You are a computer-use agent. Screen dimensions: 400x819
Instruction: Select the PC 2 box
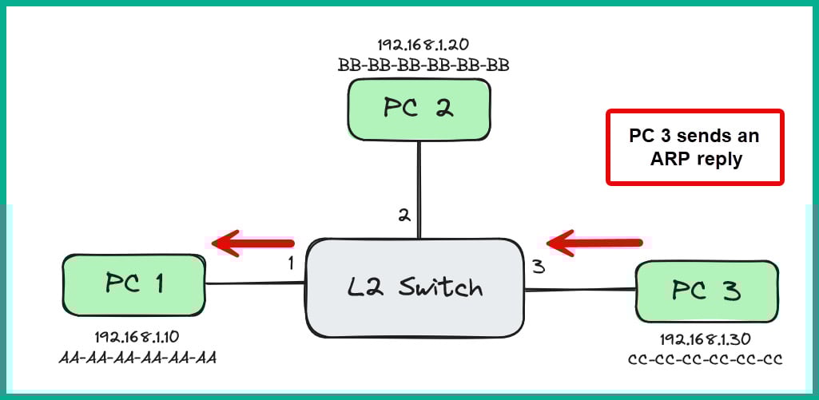(x=419, y=109)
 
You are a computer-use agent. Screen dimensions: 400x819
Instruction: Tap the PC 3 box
(x=706, y=291)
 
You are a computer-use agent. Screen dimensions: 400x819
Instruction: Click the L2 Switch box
(x=415, y=286)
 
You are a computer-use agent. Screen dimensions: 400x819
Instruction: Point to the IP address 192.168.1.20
(x=423, y=45)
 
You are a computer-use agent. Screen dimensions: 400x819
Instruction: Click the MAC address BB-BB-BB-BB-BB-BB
(x=423, y=65)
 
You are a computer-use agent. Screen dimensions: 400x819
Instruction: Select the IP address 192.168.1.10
(x=137, y=336)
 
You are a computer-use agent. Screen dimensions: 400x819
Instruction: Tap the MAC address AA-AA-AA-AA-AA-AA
(x=137, y=356)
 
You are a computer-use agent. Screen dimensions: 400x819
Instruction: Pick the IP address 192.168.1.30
(x=705, y=339)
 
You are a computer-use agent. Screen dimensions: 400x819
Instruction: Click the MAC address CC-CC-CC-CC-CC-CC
(x=705, y=359)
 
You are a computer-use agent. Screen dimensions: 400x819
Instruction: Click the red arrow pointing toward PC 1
(x=253, y=242)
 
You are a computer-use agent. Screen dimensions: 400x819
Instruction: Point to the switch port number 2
(x=404, y=214)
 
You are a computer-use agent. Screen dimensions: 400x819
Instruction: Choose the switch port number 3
(x=539, y=267)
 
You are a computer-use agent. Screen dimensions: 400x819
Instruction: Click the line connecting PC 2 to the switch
(x=419, y=188)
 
